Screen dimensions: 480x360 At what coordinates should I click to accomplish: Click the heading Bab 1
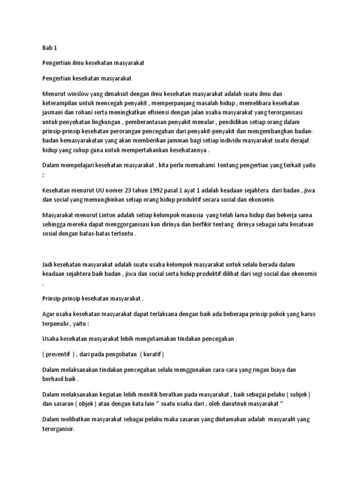(49, 48)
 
